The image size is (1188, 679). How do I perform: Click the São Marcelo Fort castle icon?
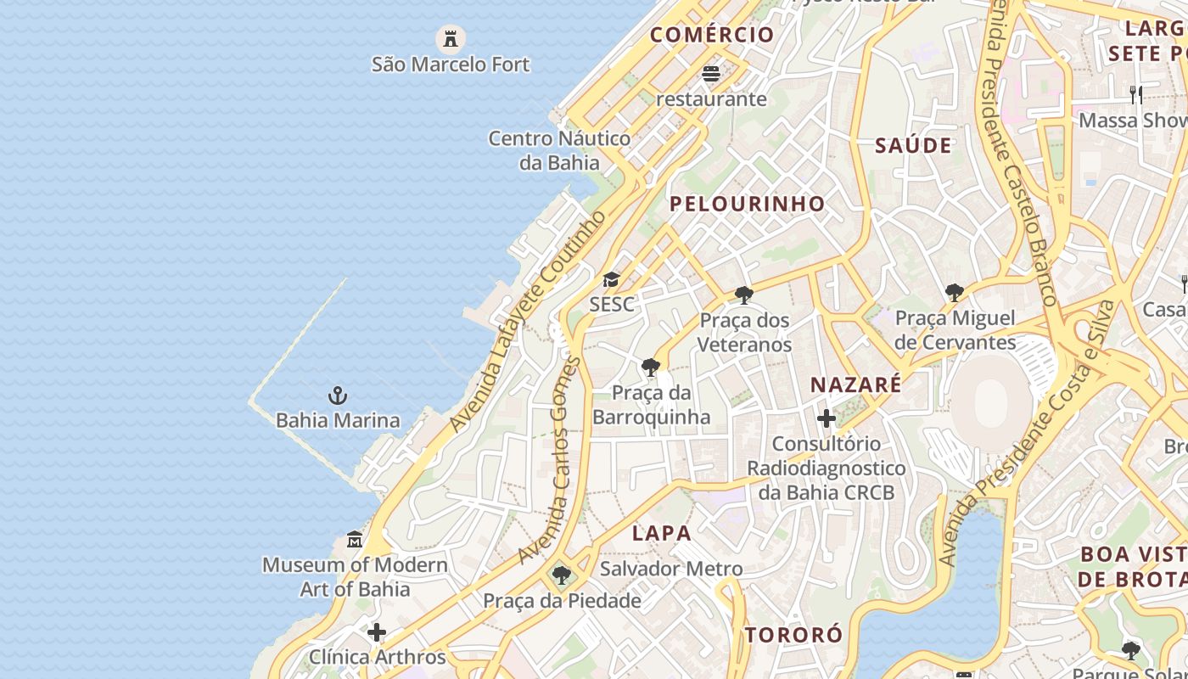pyautogui.click(x=451, y=38)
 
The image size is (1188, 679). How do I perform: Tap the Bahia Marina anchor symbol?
pyautogui.click(x=338, y=396)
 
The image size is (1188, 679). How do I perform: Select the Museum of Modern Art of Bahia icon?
pyautogui.click(x=355, y=540)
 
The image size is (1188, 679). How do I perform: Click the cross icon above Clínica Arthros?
pyautogui.click(x=377, y=632)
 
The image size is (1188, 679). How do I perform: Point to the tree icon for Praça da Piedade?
pyautogui.click(x=561, y=575)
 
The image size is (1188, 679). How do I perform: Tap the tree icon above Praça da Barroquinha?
pyautogui.click(x=651, y=368)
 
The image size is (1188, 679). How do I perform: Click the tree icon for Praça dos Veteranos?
pyautogui.click(x=744, y=295)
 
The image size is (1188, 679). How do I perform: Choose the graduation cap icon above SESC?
pyautogui.click(x=611, y=279)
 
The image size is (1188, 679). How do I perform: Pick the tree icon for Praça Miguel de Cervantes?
pyautogui.click(x=955, y=293)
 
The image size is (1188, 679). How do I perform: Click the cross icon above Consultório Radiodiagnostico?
pyautogui.click(x=826, y=418)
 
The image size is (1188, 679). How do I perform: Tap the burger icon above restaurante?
pyautogui.click(x=711, y=74)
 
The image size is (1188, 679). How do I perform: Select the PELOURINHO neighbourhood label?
pyautogui.click(x=747, y=204)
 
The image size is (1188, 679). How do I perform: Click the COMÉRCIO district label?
pyautogui.click(x=712, y=35)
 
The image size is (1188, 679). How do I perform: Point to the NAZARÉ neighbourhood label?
pyautogui.click(x=855, y=384)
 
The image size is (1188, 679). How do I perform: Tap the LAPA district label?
pyautogui.click(x=662, y=533)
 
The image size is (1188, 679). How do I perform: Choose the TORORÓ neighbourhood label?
pyautogui.click(x=793, y=635)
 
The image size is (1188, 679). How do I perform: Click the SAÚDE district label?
pyautogui.click(x=913, y=145)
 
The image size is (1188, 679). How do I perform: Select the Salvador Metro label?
pyautogui.click(x=671, y=569)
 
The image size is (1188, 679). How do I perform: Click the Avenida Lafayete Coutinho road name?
pyautogui.click(x=529, y=321)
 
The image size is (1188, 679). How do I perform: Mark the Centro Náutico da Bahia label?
pyautogui.click(x=559, y=150)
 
